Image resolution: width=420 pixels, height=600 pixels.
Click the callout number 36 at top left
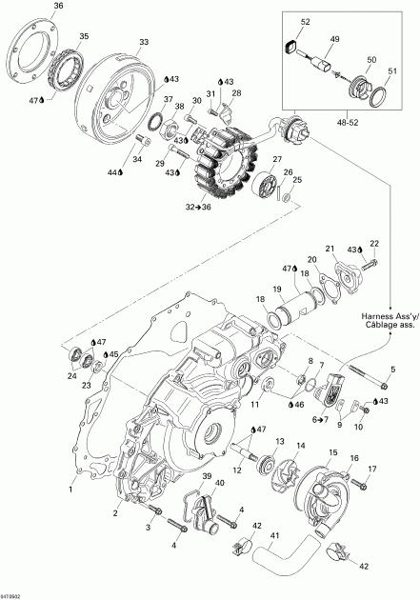click(31, 7)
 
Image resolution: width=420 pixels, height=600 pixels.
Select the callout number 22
click(374, 244)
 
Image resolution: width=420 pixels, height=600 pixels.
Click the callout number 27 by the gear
click(277, 158)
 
